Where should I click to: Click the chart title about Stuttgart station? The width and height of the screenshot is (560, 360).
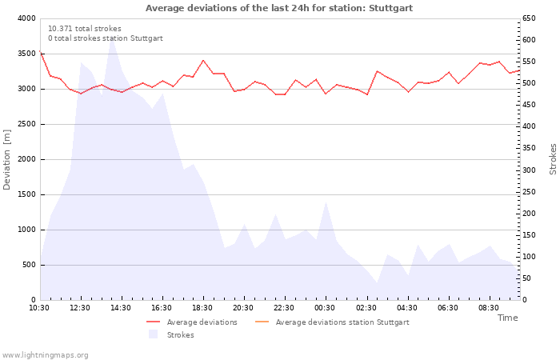(279, 8)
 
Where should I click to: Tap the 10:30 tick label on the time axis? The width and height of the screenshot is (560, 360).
(39, 308)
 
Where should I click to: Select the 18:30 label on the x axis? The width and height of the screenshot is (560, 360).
(202, 308)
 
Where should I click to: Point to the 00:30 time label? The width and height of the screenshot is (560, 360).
(325, 308)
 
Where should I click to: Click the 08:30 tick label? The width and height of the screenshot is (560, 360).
(488, 308)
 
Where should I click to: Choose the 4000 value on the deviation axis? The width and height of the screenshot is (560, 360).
(26, 18)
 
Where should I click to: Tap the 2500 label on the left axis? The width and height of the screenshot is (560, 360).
(26, 124)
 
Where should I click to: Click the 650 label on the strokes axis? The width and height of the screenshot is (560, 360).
(529, 18)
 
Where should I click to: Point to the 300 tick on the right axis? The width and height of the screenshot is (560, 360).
(529, 170)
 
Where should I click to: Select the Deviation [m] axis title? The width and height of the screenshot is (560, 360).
(6, 160)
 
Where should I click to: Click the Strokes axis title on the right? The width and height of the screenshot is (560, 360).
(553, 159)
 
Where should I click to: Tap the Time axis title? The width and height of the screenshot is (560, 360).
(507, 318)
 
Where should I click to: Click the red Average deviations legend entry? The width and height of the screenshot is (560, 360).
(192, 322)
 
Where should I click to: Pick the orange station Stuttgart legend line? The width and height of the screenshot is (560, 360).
(262, 322)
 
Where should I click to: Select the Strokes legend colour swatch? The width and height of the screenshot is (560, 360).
(154, 334)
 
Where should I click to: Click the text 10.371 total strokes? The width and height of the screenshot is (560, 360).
(85, 29)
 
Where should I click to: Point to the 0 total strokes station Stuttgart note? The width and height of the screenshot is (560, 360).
(106, 38)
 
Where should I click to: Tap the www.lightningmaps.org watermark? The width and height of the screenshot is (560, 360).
(44, 355)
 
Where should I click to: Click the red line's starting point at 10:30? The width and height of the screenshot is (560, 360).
(40, 51)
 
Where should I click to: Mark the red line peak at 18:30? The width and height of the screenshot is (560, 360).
(203, 60)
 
